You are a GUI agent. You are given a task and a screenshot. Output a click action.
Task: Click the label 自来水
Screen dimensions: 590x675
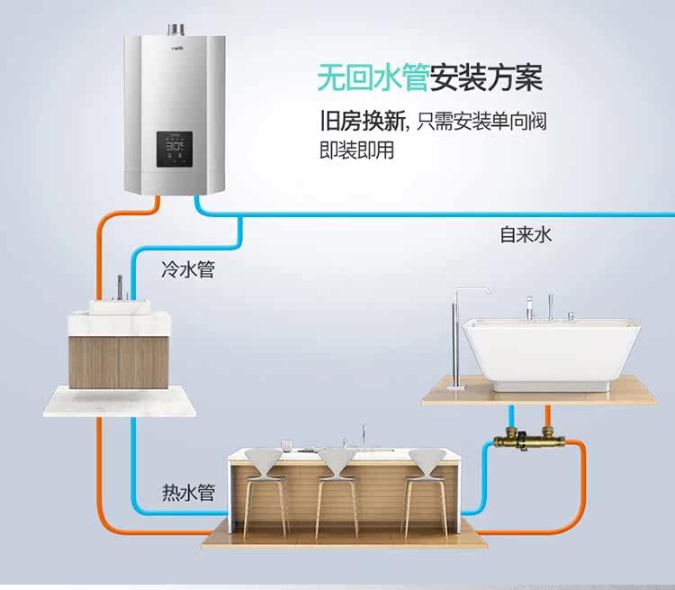click(x=526, y=235)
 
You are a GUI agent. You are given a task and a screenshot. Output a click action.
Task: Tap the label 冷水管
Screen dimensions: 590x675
click(x=187, y=268)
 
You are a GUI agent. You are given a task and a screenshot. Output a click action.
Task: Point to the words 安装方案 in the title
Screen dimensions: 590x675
click(x=487, y=78)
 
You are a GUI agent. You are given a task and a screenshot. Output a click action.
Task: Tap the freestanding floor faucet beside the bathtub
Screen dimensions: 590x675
click(x=459, y=333)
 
